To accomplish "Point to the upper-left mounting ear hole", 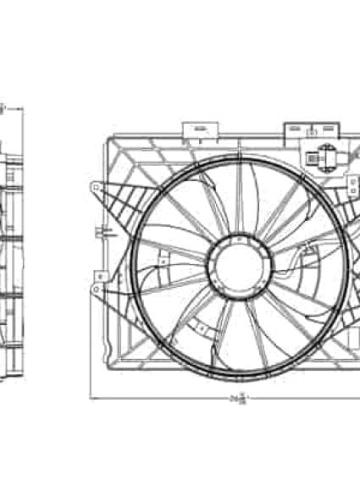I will tap(96, 187).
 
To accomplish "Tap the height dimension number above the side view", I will tap(3, 108).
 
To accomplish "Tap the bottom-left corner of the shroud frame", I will tap(110, 366).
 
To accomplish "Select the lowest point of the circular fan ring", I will tap(240, 371).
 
